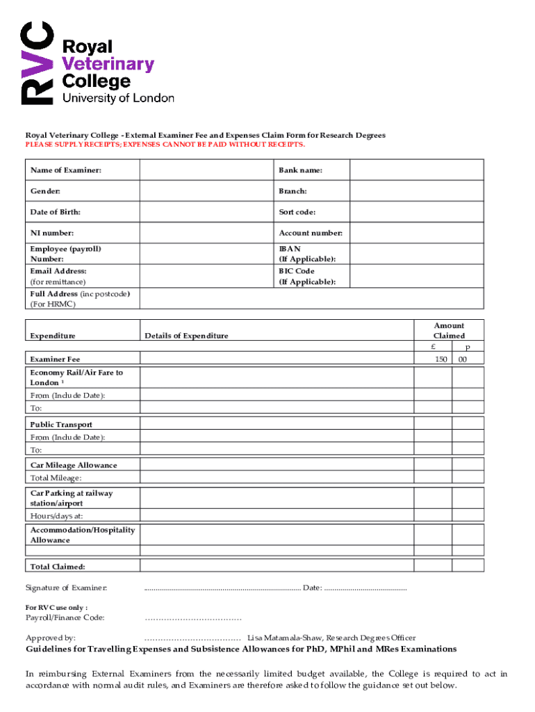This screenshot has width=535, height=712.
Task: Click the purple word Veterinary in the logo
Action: pyautogui.click(x=108, y=64)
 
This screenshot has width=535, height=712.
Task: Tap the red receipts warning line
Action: pyautogui.click(x=165, y=145)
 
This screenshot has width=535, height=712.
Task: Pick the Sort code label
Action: pyautogui.click(x=297, y=212)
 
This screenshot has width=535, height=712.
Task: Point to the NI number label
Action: pyautogui.click(x=52, y=233)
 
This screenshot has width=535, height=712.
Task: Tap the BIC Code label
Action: pyautogui.click(x=297, y=271)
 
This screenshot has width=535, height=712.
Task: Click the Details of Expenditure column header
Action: pyautogui.click(x=186, y=336)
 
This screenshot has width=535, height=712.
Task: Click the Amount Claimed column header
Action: pyautogui.click(x=449, y=330)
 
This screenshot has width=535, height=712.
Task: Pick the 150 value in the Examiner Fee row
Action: pyautogui.click(x=441, y=359)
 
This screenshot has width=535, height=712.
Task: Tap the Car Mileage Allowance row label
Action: pyautogui.click(x=74, y=465)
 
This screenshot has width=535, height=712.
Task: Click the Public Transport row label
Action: pyautogui.click(x=61, y=424)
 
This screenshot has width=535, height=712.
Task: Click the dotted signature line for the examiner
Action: pyautogui.click(x=222, y=589)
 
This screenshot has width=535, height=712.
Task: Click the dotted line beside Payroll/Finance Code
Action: pyautogui.click(x=192, y=617)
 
